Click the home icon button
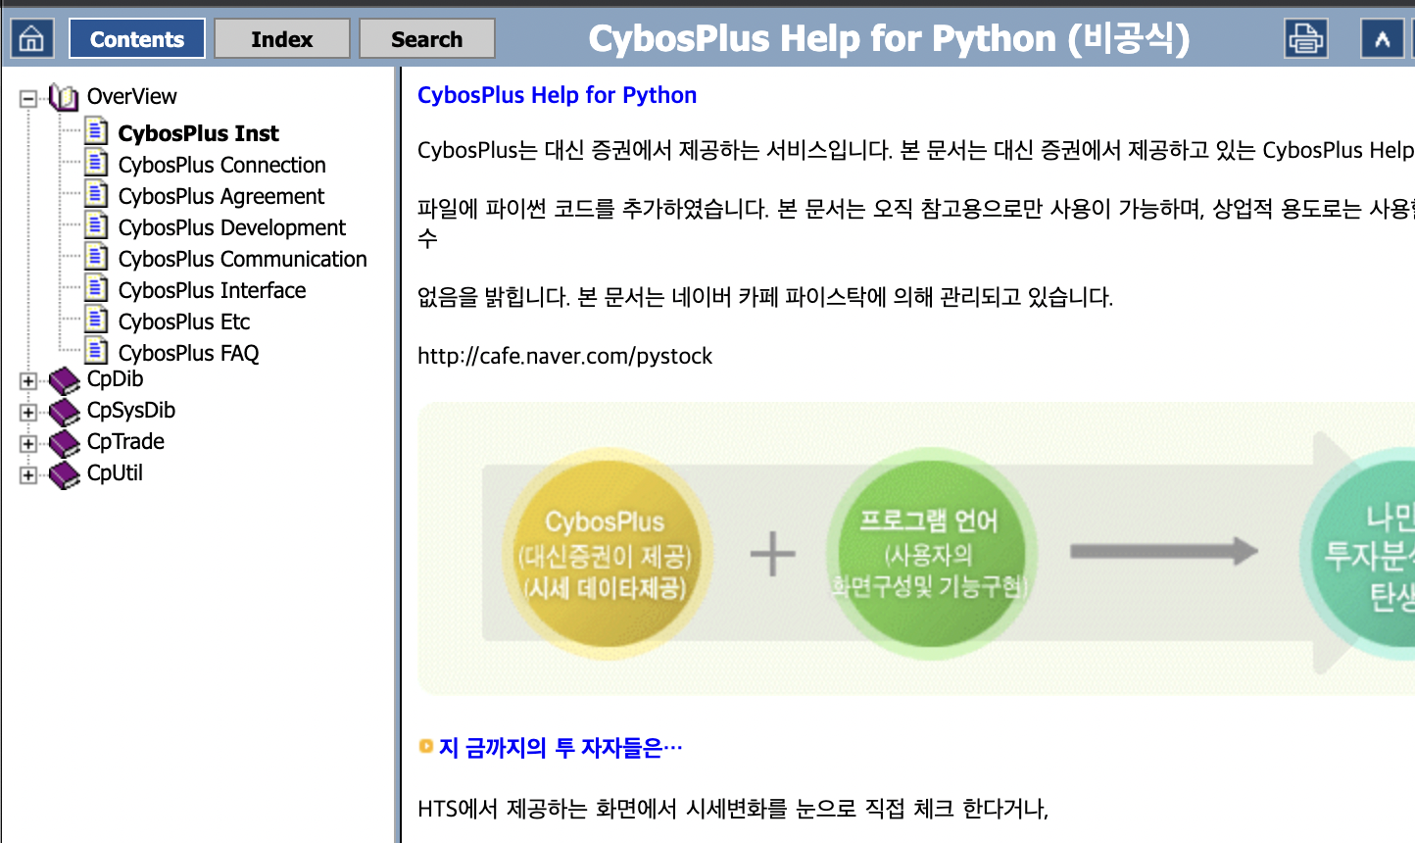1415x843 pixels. click(31, 39)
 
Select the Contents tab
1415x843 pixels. click(136, 39)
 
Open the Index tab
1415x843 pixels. click(281, 39)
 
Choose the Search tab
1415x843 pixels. click(426, 39)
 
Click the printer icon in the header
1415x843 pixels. click(1305, 39)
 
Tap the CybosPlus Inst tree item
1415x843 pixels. click(198, 133)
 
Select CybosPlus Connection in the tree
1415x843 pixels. click(221, 165)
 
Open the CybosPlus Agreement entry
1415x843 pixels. click(220, 196)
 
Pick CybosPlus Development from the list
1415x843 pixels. click(231, 227)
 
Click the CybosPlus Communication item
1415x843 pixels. click(242, 259)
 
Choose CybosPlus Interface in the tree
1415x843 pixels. click(212, 290)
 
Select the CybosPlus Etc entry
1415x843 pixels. click(184, 322)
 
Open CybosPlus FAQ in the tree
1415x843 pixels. click(188, 353)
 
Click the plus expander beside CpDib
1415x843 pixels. click(28, 381)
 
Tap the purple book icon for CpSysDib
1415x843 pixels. click(65, 412)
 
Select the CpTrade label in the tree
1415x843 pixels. click(125, 441)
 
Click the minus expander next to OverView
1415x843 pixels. click(28, 98)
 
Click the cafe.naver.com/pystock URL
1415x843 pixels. click(564, 356)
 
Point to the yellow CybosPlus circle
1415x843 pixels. click(606, 554)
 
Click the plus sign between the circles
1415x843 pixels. click(772, 554)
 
